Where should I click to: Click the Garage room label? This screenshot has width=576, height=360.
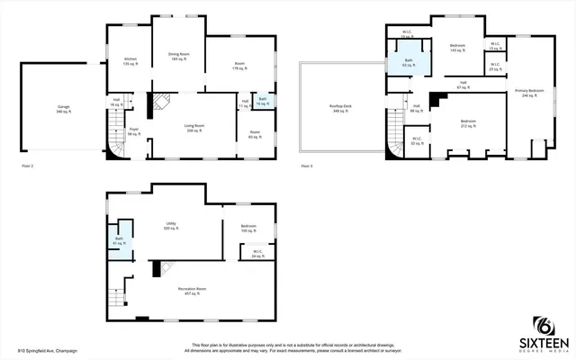(64, 109)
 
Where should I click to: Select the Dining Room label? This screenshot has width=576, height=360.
(178, 57)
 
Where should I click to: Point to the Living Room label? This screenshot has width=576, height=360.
(193, 129)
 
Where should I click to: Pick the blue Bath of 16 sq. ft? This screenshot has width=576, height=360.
(262, 101)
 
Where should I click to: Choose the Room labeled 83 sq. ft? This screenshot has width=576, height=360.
(255, 135)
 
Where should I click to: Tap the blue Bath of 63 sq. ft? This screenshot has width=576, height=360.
(408, 64)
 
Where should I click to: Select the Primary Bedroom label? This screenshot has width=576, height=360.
(529, 94)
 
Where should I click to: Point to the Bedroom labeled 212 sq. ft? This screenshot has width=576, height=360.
(467, 123)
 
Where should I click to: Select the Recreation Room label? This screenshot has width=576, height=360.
(190, 291)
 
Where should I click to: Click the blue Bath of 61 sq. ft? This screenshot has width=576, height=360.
(118, 241)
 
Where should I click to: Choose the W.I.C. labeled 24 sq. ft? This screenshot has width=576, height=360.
(257, 254)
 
